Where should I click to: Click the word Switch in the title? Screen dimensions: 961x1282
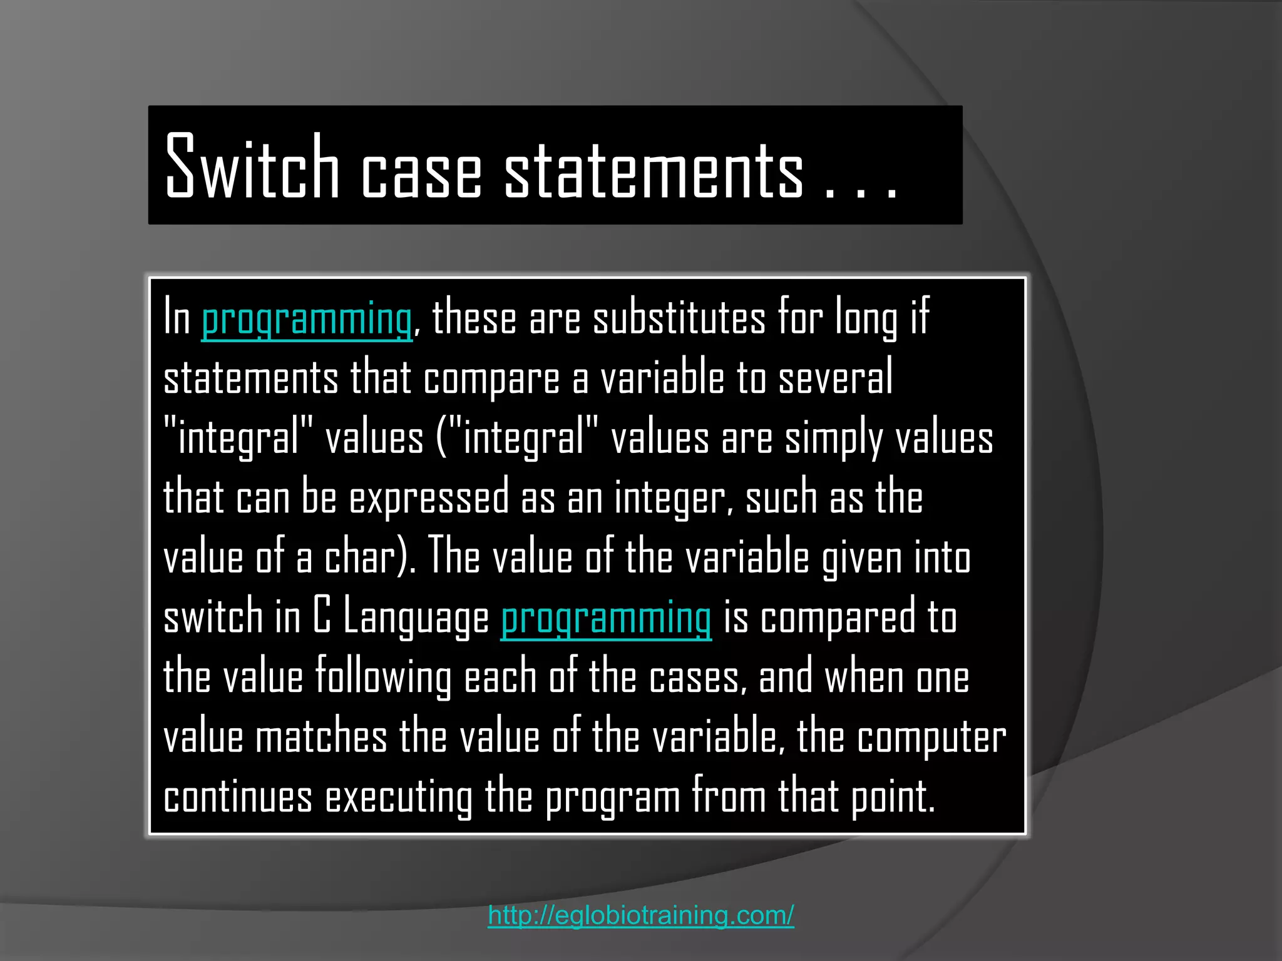tap(252, 167)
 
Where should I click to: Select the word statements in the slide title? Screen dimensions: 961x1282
tap(654, 170)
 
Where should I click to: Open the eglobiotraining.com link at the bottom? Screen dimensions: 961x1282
tap(641, 915)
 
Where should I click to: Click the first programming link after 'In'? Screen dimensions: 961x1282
tap(307, 319)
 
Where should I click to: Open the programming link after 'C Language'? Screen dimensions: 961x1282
tap(606, 618)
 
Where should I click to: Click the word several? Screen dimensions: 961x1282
tap(835, 378)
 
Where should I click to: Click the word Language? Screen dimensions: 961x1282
tap(416, 618)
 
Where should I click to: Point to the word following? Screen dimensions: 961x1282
tap(383, 678)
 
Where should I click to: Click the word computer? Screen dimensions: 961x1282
tap(931, 738)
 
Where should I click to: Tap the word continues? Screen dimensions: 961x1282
tap(238, 798)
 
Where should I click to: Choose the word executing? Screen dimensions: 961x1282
tap(399, 798)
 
